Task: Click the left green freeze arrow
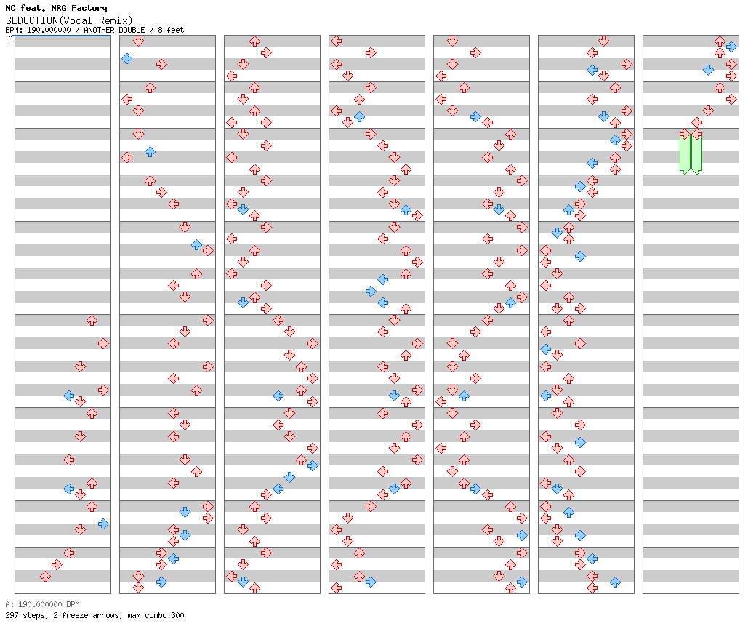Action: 685,153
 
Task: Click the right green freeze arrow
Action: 696,153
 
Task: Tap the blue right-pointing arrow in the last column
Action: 731,47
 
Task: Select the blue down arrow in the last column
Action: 708,70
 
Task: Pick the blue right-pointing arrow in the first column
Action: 103,524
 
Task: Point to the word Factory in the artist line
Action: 89,9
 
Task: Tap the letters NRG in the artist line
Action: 60,9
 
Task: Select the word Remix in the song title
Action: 116,20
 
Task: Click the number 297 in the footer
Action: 12,615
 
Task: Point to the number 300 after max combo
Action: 177,615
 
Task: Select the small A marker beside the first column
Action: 10,39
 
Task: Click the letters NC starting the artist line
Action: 10,9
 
